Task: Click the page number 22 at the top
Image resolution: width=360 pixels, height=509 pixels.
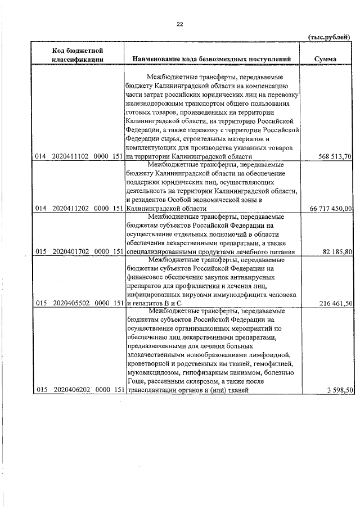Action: [x=180, y=24]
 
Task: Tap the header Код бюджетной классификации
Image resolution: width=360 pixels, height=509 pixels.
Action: [x=77, y=55]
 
